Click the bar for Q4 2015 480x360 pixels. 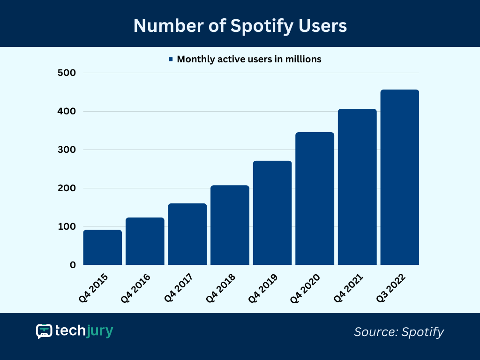tap(103, 247)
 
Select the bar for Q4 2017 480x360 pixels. tap(187, 234)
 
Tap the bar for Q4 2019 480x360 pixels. tap(272, 213)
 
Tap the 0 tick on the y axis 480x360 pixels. tap(73, 265)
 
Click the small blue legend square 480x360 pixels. tap(171, 60)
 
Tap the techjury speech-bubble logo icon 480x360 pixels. tap(44, 331)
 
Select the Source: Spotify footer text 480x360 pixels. tap(398, 332)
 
